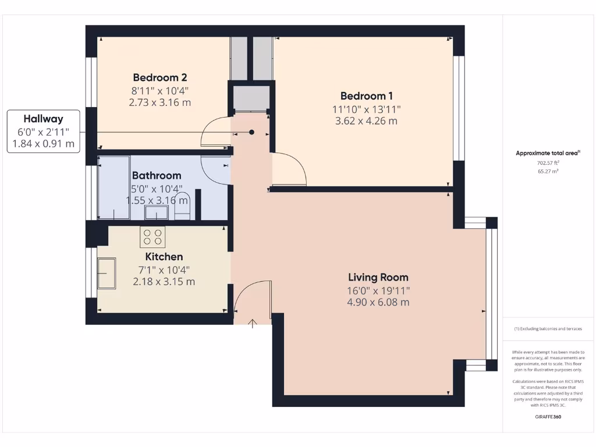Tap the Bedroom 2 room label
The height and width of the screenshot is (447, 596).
click(159, 77)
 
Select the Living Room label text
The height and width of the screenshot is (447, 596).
click(378, 278)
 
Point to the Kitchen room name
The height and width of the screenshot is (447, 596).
click(164, 257)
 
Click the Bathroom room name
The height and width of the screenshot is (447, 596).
click(157, 175)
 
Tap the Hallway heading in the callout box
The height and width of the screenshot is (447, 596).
click(43, 119)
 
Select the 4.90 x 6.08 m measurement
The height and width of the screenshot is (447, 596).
click(378, 302)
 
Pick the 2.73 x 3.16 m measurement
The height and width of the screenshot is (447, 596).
click(160, 102)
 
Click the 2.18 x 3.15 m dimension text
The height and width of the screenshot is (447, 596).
click(164, 282)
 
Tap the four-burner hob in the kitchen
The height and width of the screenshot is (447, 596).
click(152, 237)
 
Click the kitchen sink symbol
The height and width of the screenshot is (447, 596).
click(107, 274)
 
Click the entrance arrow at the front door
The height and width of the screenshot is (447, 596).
click(253, 324)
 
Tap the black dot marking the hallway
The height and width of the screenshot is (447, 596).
click(252, 132)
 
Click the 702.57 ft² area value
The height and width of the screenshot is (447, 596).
click(548, 164)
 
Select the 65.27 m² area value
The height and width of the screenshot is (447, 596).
click(548, 172)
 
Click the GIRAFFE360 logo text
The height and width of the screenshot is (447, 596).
click(548, 417)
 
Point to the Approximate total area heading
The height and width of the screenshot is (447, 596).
click(547, 153)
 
